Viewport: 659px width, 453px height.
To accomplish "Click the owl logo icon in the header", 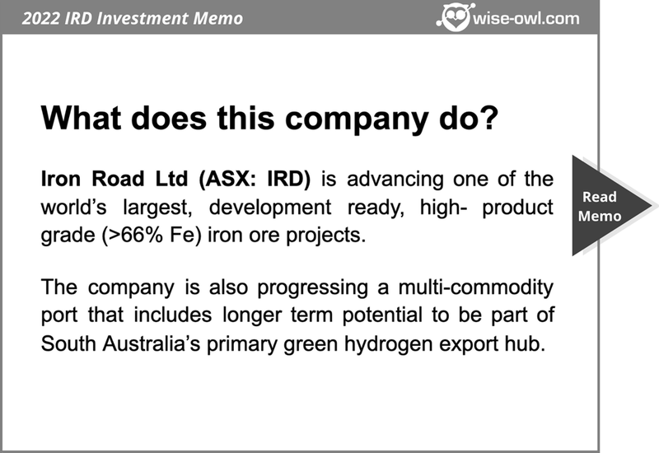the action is (x=456, y=16).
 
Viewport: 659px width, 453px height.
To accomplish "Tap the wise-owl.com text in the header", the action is (x=526, y=18).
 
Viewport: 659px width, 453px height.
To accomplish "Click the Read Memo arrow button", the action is (x=606, y=205).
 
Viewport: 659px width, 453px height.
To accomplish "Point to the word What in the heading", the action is (x=81, y=118).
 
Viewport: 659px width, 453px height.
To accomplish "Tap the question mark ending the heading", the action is (x=488, y=118).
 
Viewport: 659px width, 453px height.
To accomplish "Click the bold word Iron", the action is (x=60, y=179).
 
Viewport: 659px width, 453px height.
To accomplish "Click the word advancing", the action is (x=395, y=180).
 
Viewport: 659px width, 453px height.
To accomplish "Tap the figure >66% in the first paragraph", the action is (x=134, y=235).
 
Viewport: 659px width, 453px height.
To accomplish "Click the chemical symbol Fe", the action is (x=183, y=235).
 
